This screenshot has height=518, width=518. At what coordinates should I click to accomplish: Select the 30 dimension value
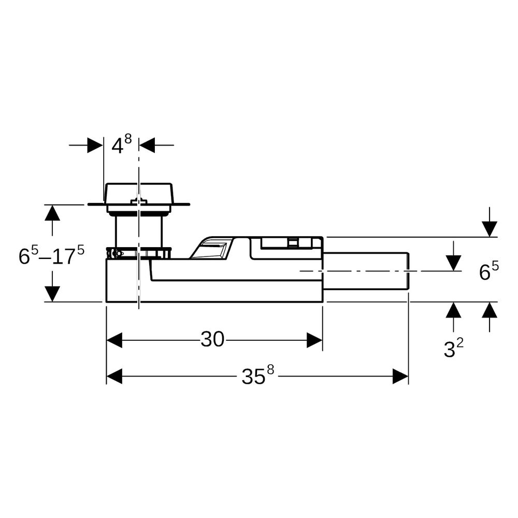[212, 339]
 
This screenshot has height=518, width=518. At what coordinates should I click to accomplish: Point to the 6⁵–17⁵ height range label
[51, 255]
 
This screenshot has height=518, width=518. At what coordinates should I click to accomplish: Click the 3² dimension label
[453, 349]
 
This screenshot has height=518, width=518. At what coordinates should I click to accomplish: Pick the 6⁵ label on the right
[489, 271]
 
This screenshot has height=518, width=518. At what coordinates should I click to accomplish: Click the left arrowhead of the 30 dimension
[114, 340]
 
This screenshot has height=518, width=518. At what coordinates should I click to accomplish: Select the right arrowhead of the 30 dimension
[314, 340]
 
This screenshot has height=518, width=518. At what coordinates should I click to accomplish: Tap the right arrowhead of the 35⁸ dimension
[400, 376]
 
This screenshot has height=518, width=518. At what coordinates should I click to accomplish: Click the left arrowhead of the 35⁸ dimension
[114, 376]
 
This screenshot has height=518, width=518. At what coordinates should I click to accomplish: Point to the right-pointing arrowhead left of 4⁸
[95, 145]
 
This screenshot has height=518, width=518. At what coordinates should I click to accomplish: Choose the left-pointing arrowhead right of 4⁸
[147, 145]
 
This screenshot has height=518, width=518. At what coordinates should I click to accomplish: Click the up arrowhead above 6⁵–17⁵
[52, 213]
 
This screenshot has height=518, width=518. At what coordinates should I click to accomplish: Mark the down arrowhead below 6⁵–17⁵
[52, 294]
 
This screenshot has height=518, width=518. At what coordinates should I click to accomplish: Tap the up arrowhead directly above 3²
[453, 310]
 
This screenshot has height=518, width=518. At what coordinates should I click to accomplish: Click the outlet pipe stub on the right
[366, 271]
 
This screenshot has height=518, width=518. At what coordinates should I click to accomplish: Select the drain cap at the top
[138, 197]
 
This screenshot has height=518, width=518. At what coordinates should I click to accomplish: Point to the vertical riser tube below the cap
[139, 231]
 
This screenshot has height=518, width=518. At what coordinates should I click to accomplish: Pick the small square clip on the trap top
[292, 242]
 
